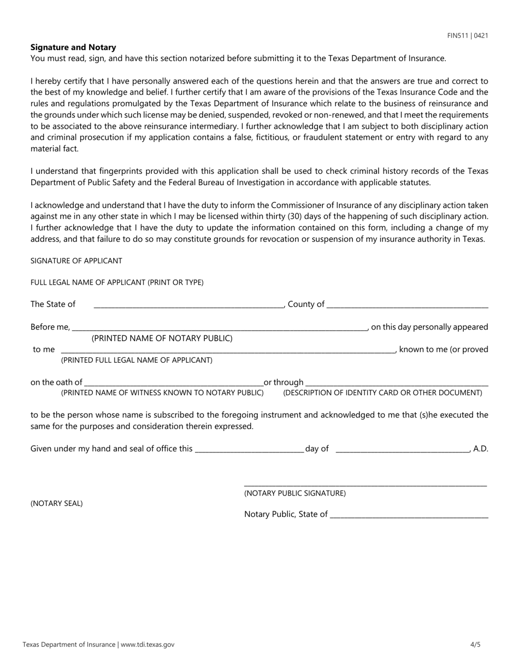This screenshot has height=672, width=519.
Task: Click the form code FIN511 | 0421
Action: point(467,36)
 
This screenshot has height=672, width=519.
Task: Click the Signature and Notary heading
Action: point(73,48)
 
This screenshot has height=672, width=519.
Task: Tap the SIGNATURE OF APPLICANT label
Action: point(76,261)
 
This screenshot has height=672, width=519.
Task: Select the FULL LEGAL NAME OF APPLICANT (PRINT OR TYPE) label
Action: point(117,282)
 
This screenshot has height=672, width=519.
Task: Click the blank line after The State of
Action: point(188,305)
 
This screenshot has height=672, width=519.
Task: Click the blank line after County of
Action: point(407,305)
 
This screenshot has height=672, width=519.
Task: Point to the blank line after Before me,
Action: point(220,328)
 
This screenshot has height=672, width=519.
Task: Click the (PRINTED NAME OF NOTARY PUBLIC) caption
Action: point(162,338)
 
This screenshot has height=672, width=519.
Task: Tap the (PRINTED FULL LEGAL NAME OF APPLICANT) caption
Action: point(137,360)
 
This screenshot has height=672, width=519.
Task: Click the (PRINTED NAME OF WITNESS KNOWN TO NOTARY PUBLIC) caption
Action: point(162,393)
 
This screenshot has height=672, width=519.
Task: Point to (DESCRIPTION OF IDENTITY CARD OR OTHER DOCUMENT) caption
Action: point(382,393)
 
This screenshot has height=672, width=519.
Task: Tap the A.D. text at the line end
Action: point(481,449)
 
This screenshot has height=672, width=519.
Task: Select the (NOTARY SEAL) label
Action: point(57,503)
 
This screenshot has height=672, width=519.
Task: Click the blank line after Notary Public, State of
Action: point(409,515)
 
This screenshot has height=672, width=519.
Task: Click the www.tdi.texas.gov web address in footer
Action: point(148,645)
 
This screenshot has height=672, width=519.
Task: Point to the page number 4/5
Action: point(475,645)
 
